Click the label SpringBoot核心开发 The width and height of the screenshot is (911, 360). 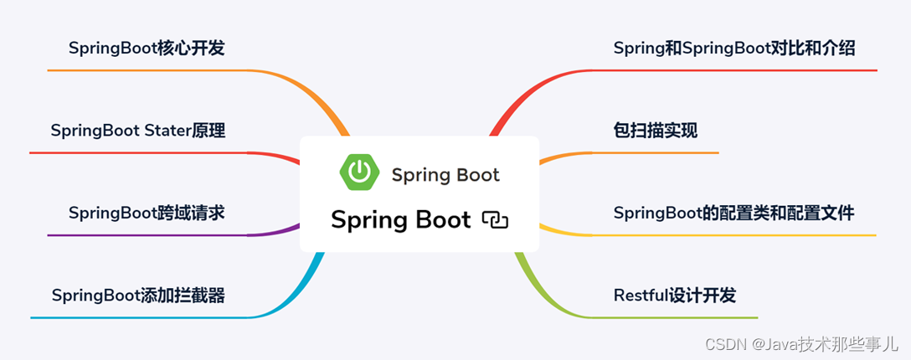[x=147, y=49]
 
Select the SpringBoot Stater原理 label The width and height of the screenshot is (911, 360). [x=137, y=131]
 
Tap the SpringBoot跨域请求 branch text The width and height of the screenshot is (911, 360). [x=147, y=213]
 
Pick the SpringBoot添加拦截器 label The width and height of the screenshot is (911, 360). [x=138, y=296]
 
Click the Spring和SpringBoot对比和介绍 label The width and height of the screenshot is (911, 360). [x=733, y=49]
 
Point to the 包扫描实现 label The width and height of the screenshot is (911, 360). [x=656, y=131]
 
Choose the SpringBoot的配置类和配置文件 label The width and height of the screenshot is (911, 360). [x=733, y=213]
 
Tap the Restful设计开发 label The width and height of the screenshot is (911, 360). [x=675, y=296]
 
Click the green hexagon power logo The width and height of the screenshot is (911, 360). [x=359, y=172]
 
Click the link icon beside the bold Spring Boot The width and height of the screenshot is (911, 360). [x=495, y=220]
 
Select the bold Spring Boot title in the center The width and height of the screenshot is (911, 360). [x=401, y=220]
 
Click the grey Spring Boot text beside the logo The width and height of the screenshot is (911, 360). [x=445, y=175]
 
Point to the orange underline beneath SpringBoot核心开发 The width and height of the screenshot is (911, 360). [x=151, y=70]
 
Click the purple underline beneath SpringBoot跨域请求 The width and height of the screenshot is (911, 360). [x=151, y=235]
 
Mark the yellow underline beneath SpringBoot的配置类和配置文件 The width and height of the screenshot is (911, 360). [x=737, y=235]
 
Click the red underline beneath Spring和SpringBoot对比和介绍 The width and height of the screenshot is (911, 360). [x=737, y=70]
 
